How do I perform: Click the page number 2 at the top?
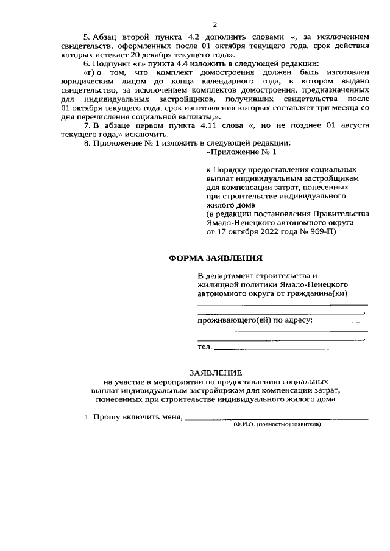[x=214, y=24]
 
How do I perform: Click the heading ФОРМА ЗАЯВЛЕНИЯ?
[x=216, y=258]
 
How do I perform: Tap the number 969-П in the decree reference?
[x=319, y=231]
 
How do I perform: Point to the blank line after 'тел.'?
[x=289, y=348]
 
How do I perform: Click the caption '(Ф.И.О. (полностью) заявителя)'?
[x=277, y=424]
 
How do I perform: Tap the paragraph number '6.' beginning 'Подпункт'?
[x=87, y=64]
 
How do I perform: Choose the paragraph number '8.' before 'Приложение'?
[x=87, y=143]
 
